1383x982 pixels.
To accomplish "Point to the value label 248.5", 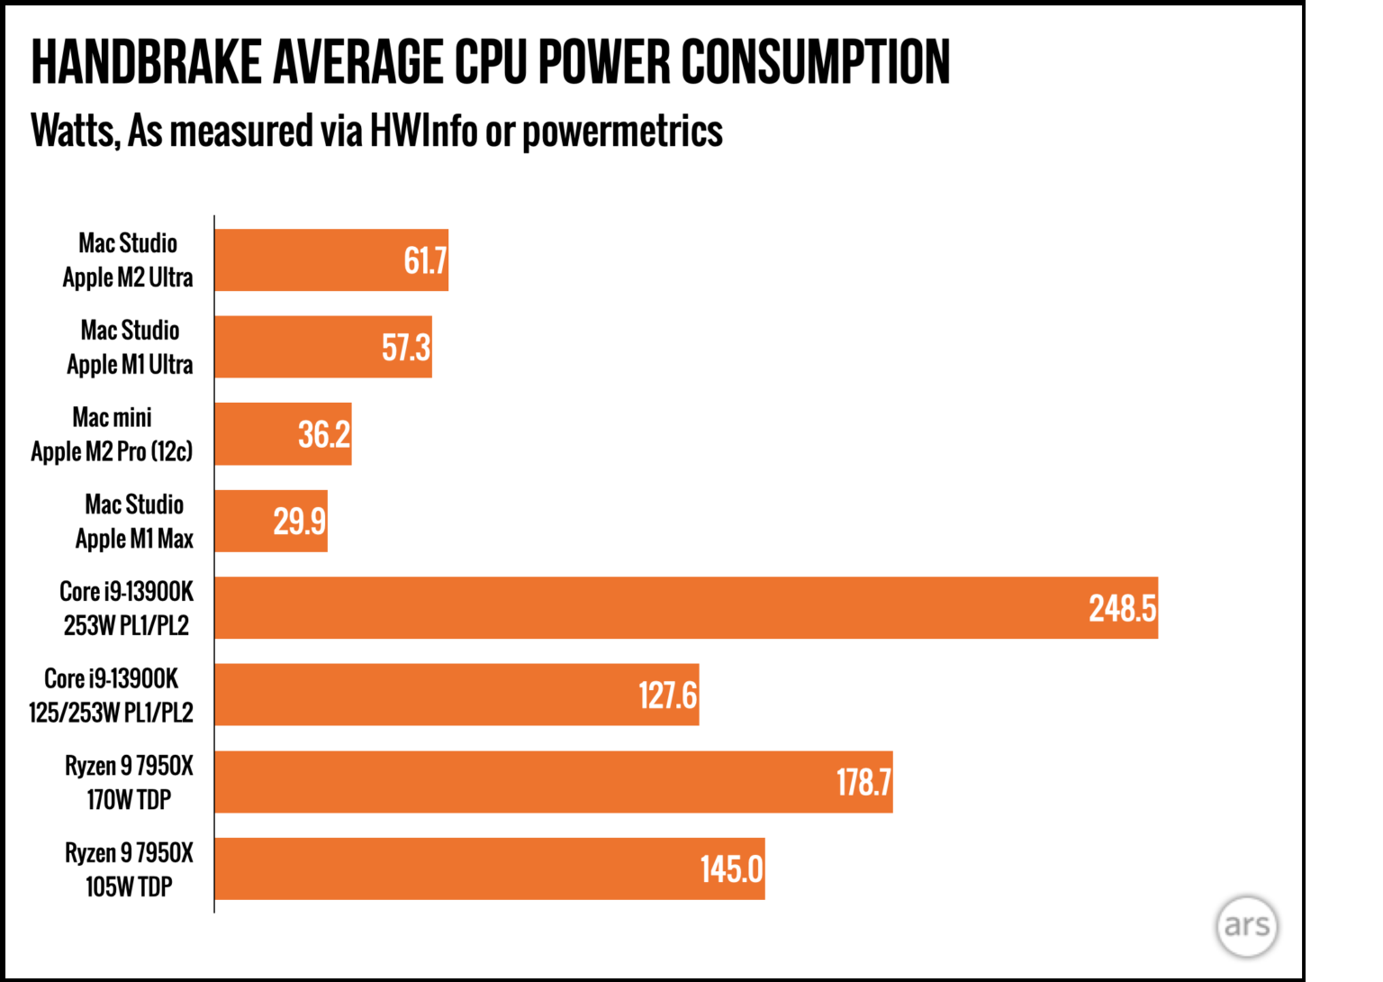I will coord(1122,609).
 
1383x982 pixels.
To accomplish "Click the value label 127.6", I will coord(667,696).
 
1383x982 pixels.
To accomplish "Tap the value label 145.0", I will coord(731,869).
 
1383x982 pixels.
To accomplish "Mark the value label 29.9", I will coord(300,522).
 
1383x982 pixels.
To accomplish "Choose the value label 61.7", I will coord(425,261).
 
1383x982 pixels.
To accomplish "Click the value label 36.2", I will coord(324,435).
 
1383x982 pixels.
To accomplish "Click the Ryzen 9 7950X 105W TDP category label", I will coord(129,869).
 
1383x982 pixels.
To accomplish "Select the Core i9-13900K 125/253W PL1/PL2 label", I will coord(111,696).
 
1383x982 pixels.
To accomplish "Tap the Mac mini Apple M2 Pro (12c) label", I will coord(112,434).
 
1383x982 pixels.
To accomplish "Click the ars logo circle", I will coord(1246,925).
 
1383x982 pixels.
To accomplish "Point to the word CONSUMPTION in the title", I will coord(815,63).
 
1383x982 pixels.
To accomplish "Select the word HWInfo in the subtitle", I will coord(423,132).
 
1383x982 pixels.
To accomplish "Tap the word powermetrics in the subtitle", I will coord(622,132).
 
